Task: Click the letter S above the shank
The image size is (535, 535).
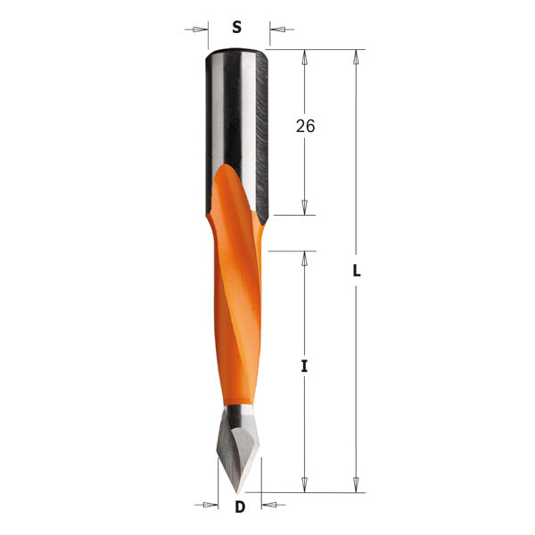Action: point(236,27)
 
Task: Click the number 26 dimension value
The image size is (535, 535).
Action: point(305,126)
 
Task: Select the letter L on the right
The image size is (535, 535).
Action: point(357,271)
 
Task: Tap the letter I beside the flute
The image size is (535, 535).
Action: point(305,366)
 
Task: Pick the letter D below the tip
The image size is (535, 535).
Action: point(239,508)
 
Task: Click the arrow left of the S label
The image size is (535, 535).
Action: point(198,29)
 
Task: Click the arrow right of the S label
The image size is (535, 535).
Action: point(278,29)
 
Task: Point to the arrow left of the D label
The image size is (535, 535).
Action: point(210,506)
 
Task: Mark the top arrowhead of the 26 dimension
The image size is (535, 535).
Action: point(305,57)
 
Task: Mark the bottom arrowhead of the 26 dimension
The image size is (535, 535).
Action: point(305,207)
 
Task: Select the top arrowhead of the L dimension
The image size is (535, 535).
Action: point(357,57)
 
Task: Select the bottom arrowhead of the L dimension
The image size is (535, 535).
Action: point(357,484)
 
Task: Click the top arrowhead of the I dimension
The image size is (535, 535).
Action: point(305,259)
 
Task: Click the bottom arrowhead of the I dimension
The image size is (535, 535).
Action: point(305,484)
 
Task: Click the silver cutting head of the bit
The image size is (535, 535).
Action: point(237,446)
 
